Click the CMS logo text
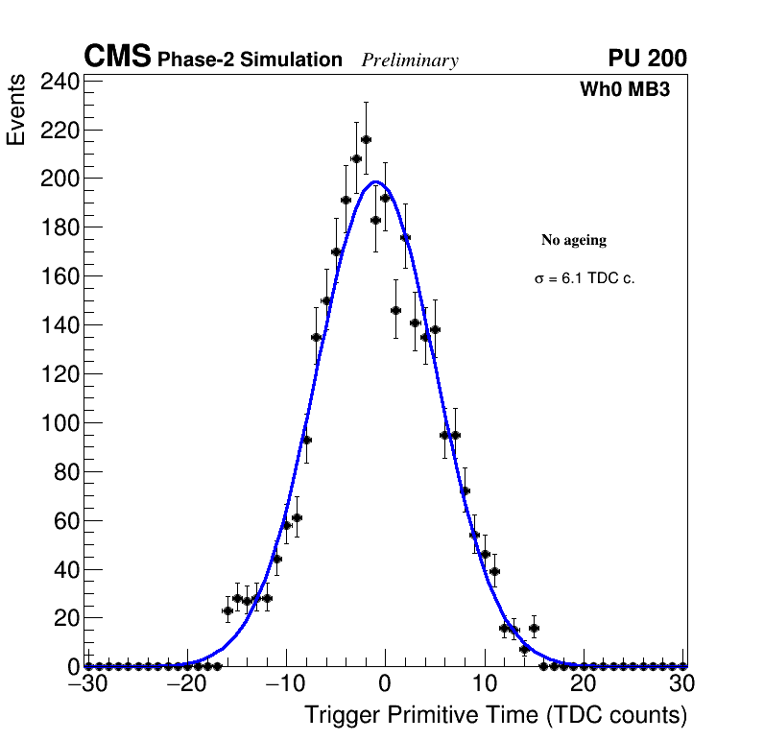pyautogui.click(x=117, y=59)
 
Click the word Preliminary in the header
pyautogui.click(x=410, y=61)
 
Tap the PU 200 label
pyautogui.click(x=647, y=59)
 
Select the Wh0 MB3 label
pyautogui.click(x=624, y=90)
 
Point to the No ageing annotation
pyautogui.click(x=574, y=240)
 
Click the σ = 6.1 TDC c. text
pyautogui.click(x=585, y=279)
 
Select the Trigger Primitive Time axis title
pyautogui.click(x=495, y=716)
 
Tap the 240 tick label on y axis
pyautogui.click(x=60, y=82)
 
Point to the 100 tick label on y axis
pyautogui.click(x=60, y=422)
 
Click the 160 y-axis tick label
pyautogui.click(x=60, y=276)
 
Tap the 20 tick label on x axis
pyautogui.click(x=583, y=684)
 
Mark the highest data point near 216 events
pyautogui.click(x=366, y=139)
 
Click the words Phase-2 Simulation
pyautogui.click(x=250, y=60)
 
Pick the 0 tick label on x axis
pyautogui.click(x=385, y=684)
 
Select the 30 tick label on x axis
pyautogui.click(x=682, y=684)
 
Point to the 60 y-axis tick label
pyautogui.click(x=65, y=520)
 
